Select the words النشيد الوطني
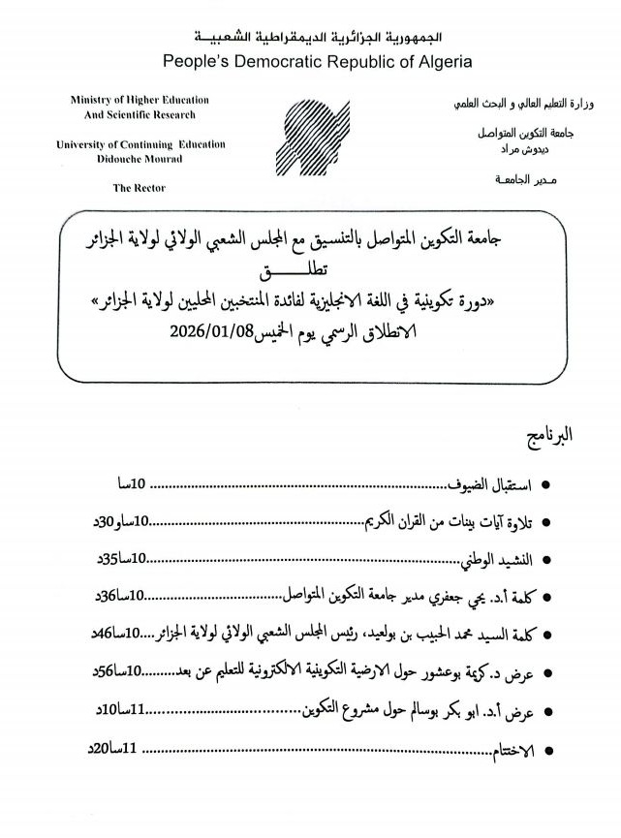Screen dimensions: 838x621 tap(497, 559)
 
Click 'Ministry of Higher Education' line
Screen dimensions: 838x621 tap(140, 100)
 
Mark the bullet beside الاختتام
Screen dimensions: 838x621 tap(548, 751)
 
